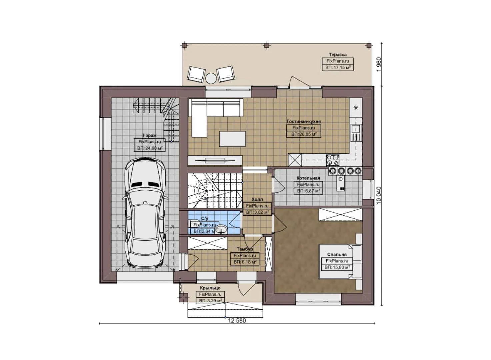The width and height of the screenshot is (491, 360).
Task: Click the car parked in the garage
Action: pos(145,213)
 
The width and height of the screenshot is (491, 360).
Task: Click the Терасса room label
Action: pos(337,55)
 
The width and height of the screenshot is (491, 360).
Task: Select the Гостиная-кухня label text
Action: pos(303,121)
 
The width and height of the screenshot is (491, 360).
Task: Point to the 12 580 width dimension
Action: pos(237,321)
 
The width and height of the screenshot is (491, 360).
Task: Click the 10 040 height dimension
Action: pos(378,195)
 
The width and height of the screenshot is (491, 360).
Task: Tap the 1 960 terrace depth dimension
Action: pos(378,64)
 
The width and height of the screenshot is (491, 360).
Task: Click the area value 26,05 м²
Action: pos(303,134)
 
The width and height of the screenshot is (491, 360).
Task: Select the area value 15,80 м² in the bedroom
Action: pos(337,267)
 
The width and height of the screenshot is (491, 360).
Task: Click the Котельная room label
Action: pos(308,178)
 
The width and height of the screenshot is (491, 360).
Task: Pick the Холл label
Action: pos(257,199)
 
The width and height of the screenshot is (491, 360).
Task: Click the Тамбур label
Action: pos(245,249)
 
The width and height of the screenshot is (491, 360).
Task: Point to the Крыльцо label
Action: pos(210,288)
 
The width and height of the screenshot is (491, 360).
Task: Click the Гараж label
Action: pos(149,136)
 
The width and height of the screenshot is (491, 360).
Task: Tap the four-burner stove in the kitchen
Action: pos(332,160)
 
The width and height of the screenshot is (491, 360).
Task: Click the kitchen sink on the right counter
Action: pos(356,132)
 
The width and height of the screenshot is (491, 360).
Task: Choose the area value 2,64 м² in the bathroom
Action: pos(204,231)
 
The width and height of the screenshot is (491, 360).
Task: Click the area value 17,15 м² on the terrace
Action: pos(337,68)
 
